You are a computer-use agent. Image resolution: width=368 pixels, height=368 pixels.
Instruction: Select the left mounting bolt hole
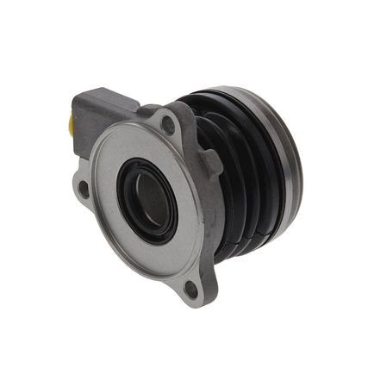84,188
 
